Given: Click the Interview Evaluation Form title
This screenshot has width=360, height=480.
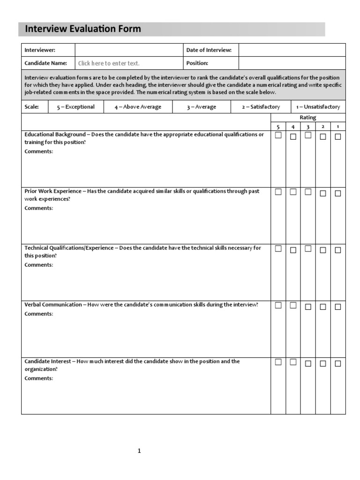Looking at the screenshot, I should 82,29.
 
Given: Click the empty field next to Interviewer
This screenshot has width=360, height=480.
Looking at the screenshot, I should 128,50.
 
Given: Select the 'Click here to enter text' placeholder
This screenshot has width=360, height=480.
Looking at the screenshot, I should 109,63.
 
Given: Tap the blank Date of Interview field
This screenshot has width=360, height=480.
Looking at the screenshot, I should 292,50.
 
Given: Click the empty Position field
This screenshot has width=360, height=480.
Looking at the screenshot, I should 292,63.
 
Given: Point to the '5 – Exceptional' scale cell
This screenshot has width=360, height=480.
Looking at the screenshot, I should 75,107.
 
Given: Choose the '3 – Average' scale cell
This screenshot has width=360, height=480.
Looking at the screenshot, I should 201,107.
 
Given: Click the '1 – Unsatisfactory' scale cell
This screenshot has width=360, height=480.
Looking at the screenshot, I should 318,107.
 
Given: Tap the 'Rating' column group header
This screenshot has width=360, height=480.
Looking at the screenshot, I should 308,118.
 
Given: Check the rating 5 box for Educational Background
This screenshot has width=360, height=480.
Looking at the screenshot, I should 278,135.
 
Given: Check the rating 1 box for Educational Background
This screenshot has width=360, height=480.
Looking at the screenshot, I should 337,137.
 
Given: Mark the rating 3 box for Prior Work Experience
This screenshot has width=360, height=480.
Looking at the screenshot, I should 308,192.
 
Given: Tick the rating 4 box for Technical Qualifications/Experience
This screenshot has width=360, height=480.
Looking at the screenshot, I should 293,250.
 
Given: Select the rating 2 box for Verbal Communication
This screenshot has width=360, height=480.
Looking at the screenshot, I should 323,307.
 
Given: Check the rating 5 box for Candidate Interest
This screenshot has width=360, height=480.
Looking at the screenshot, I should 278,362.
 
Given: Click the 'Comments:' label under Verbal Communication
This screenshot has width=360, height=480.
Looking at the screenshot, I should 39,314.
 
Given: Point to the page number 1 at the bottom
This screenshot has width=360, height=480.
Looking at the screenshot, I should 139,451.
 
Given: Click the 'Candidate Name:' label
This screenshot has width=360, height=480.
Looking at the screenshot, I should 45,63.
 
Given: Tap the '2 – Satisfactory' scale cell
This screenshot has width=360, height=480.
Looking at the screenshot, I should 261,107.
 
